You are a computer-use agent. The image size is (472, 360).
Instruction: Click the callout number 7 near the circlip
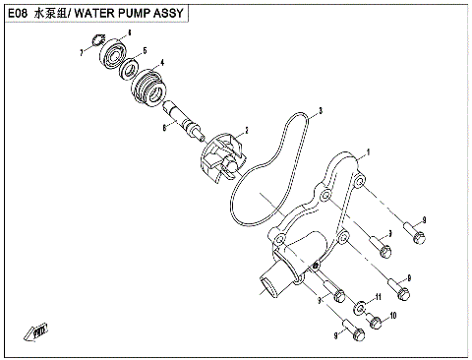pos(82,51)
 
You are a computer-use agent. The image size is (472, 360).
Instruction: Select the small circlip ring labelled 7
pos(97,39)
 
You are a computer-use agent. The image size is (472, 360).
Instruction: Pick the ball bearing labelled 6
pos(115,47)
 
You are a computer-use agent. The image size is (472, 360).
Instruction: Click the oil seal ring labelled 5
pos(129,67)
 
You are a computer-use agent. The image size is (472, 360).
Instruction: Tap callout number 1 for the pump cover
pos(367,152)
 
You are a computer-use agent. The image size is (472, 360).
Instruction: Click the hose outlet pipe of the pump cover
pos(268,285)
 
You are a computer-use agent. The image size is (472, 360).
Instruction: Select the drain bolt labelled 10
pos(375,321)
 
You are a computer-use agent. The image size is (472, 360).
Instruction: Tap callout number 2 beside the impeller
pos(246,129)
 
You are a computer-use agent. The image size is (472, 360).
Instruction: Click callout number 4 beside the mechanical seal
pos(162,64)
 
